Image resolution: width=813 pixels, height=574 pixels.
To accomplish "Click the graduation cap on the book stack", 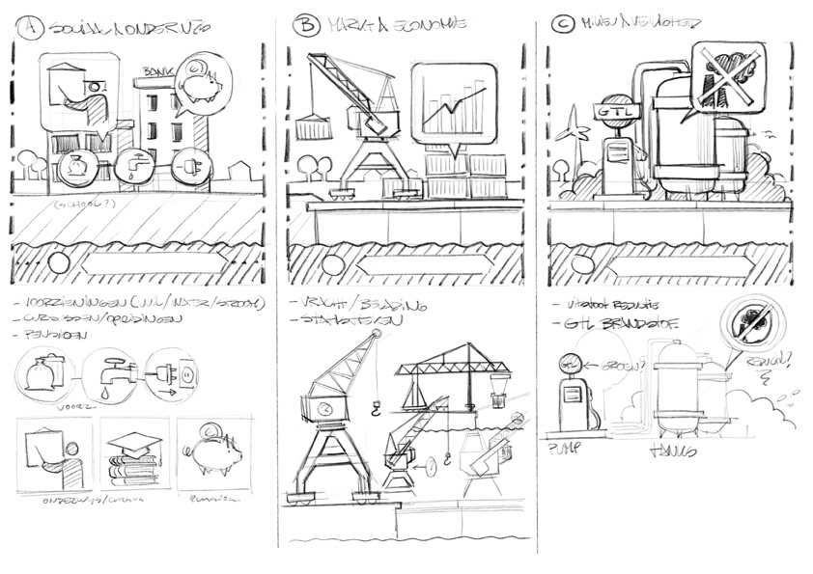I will pos(134,440).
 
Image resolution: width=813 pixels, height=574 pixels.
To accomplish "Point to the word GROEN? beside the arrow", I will pos(603,366).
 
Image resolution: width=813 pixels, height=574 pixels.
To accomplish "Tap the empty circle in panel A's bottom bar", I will pos(59,263).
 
